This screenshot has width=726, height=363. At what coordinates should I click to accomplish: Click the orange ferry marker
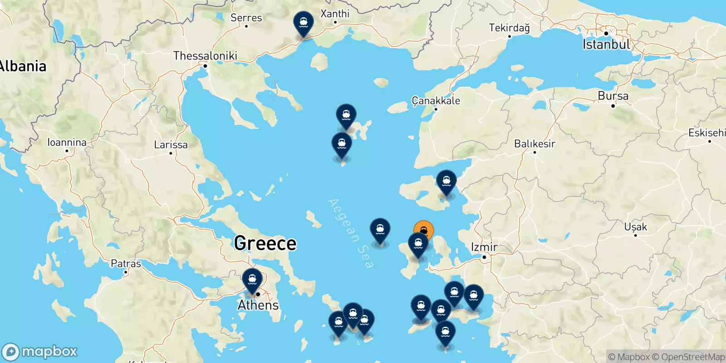coord(424,231)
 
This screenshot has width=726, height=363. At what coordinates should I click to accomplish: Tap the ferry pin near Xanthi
coord(303,23)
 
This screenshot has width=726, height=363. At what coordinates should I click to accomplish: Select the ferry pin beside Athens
coord(252,280)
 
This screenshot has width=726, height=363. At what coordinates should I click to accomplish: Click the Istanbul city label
coord(606,44)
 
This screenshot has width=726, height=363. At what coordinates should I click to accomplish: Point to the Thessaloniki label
coord(205,56)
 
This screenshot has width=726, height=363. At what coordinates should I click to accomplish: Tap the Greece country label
coord(265,243)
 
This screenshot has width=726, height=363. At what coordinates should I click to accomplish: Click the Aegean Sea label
coord(351,232)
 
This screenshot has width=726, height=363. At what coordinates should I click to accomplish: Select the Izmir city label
coord(484,247)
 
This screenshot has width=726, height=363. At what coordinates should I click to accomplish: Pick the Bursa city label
coord(613,96)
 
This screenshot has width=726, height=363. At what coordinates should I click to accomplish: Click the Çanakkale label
coord(436,100)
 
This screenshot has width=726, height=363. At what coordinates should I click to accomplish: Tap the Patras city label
coord(126,263)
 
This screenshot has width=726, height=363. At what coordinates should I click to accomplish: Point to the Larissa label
coord(171,145)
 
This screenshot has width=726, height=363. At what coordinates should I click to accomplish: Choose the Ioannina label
coord(67,142)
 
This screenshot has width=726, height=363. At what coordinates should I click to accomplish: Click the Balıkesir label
coord(535,143)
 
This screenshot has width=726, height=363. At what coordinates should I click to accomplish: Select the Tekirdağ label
coord(509,28)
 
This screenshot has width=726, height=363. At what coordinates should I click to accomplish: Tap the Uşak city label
coord(635,226)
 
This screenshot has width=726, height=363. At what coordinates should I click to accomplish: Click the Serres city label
coord(246,18)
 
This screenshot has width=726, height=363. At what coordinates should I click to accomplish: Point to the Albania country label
coord(23,66)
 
